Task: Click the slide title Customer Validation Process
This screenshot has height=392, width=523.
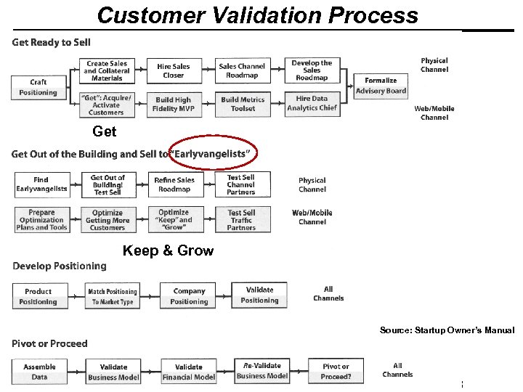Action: click(x=258, y=15)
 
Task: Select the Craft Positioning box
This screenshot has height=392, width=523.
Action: click(x=38, y=87)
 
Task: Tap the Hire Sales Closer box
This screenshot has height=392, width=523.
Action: click(x=174, y=70)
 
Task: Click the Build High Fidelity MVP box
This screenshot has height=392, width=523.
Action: click(x=174, y=104)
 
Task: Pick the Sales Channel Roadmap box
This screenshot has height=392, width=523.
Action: click(x=243, y=70)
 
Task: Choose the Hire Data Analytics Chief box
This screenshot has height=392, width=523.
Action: click(x=312, y=104)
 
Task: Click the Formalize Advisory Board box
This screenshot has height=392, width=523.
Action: click(x=381, y=86)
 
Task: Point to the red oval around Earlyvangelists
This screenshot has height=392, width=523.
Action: click(x=212, y=153)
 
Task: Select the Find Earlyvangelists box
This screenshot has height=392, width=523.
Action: click(x=41, y=184)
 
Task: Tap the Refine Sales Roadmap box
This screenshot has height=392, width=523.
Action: click(x=174, y=184)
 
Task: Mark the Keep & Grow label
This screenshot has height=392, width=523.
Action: click(x=168, y=251)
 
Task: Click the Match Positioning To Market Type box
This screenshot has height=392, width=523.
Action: click(x=113, y=296)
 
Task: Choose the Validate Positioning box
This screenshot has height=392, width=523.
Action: click(x=259, y=295)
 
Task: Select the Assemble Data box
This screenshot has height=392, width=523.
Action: click(x=39, y=372)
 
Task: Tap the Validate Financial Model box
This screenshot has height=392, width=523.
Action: click(x=189, y=372)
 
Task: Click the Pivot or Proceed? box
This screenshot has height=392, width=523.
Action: click(x=335, y=371)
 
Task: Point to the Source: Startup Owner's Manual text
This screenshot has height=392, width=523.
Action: click(x=446, y=330)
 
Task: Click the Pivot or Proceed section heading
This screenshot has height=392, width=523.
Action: click(x=49, y=343)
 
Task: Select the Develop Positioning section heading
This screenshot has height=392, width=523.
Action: click(x=60, y=266)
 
